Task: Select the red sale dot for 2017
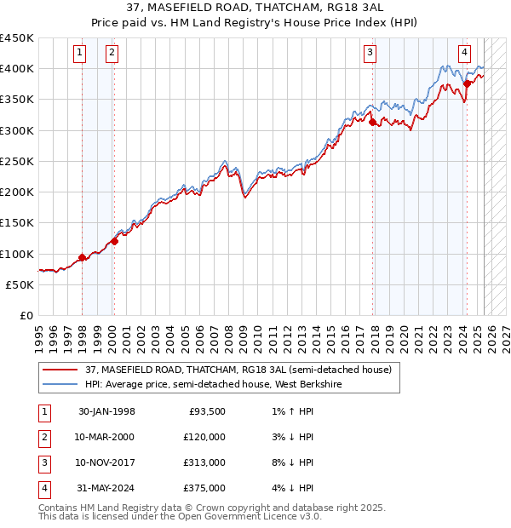[x=373, y=123]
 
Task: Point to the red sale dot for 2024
[x=468, y=83]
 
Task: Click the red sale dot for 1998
[x=82, y=257]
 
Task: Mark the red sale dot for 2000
[x=113, y=241]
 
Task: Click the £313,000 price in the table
[x=204, y=462]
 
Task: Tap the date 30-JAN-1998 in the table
[x=106, y=411]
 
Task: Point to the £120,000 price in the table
[x=204, y=437]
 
